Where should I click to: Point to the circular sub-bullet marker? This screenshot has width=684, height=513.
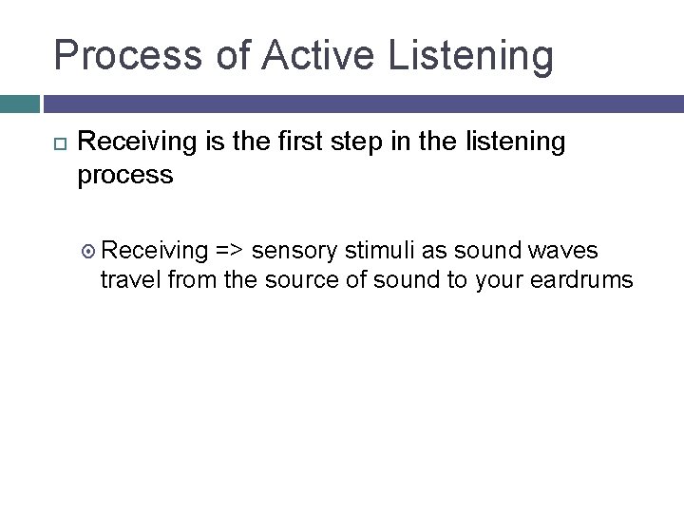point(90,252)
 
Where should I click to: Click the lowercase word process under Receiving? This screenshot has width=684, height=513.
point(124,176)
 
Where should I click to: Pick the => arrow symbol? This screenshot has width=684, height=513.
point(231,251)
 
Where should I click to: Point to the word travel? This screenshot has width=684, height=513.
point(129,280)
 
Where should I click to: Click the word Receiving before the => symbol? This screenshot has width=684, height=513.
point(155,251)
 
